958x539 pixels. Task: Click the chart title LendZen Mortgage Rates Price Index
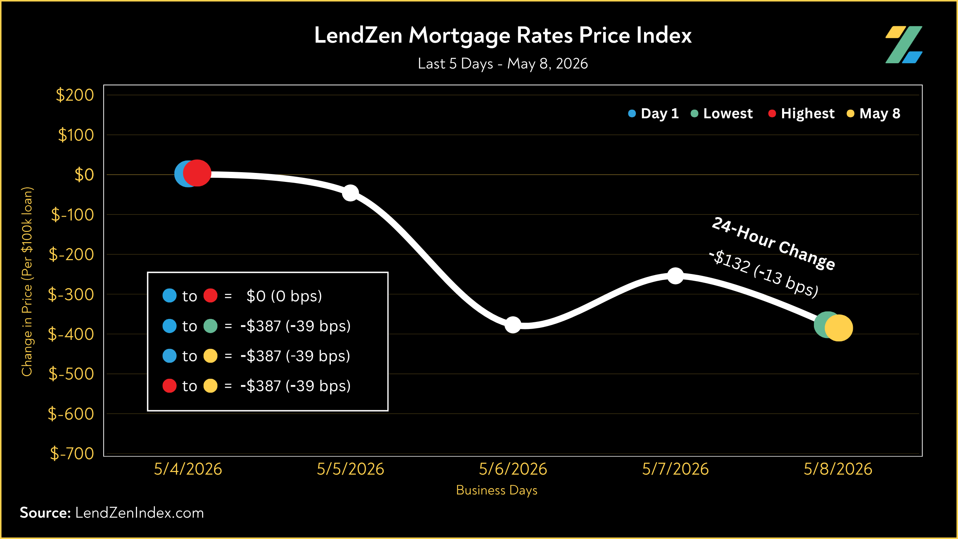click(503, 36)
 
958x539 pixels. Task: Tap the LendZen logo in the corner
click(904, 45)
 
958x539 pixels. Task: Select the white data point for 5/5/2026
click(350, 193)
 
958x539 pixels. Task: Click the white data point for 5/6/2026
click(513, 325)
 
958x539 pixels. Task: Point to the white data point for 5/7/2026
click(675, 276)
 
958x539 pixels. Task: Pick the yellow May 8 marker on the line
click(839, 328)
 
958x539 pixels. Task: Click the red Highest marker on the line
click(197, 173)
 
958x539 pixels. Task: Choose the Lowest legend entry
click(721, 113)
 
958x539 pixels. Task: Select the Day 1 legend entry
click(653, 113)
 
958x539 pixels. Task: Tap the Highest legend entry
click(801, 113)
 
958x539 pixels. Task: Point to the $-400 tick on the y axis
click(71, 334)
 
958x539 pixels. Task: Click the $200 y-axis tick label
click(75, 95)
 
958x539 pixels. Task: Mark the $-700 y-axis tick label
click(72, 453)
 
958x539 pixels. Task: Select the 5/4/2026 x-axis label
click(188, 469)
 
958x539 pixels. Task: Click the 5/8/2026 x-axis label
click(838, 469)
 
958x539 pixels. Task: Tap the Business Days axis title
click(497, 490)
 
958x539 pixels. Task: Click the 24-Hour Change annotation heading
click(774, 243)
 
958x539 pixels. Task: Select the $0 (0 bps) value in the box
click(284, 296)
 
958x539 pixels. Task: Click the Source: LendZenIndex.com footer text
click(112, 513)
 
